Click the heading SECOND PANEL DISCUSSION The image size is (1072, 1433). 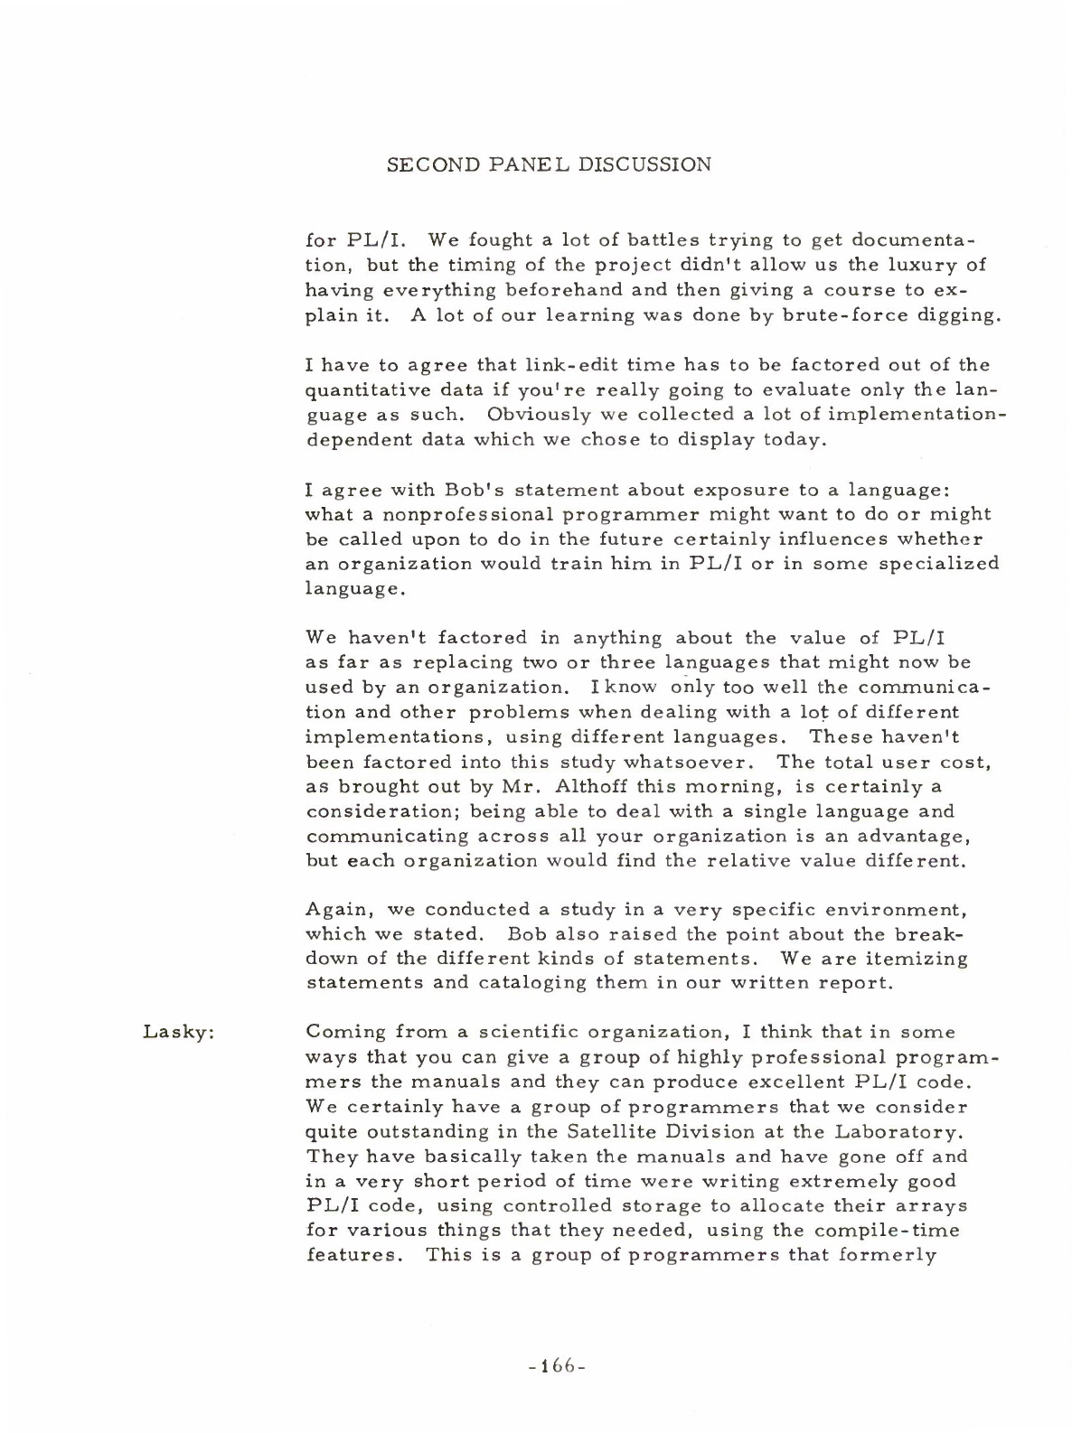549,165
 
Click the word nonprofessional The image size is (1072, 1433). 454,514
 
